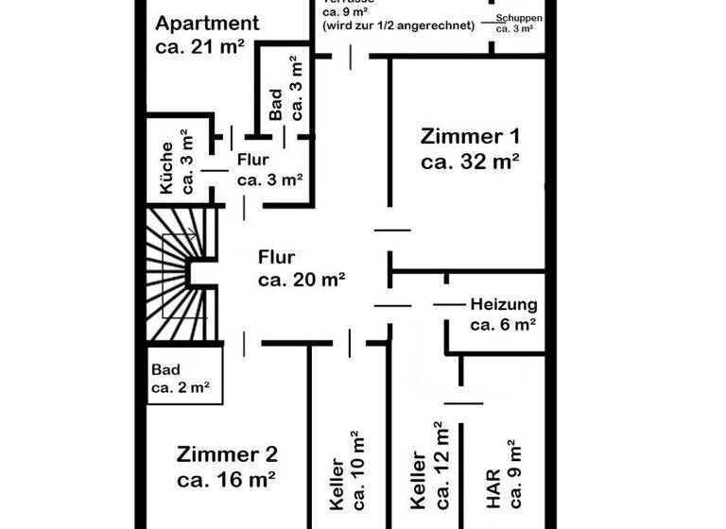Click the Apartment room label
(207, 23)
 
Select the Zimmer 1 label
(470, 136)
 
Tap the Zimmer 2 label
(226, 454)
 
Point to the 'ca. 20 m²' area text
(301, 280)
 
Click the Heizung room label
(504, 304)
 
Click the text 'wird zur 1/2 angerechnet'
(398, 26)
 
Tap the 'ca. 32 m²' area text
(470, 161)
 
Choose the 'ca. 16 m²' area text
(226, 479)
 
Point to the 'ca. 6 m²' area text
(503, 324)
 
